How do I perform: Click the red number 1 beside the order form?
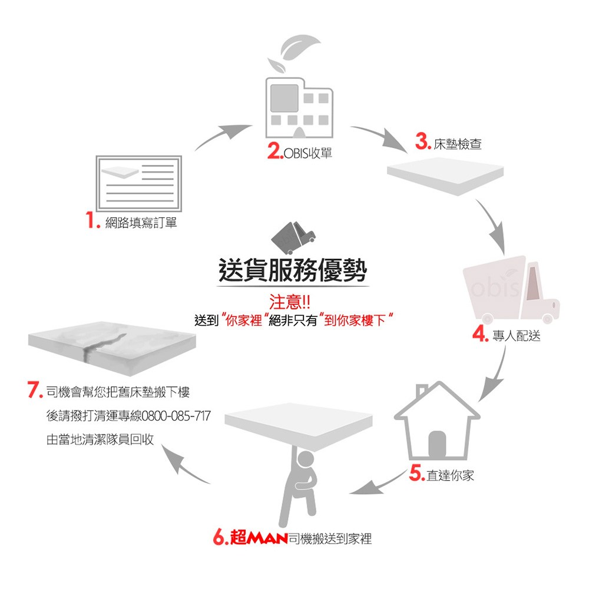point(92,220)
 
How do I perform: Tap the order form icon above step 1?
point(139,184)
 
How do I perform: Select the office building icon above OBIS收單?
point(299,108)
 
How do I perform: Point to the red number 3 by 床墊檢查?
point(423,141)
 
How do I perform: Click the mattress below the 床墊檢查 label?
point(445,176)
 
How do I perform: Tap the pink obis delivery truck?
point(511,290)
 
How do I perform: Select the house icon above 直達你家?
point(437,421)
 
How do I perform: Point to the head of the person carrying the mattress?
point(305,460)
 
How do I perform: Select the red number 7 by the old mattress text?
point(35,389)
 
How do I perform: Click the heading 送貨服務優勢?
point(293,270)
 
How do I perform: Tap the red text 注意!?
point(290,302)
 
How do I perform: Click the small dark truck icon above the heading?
point(293,238)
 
